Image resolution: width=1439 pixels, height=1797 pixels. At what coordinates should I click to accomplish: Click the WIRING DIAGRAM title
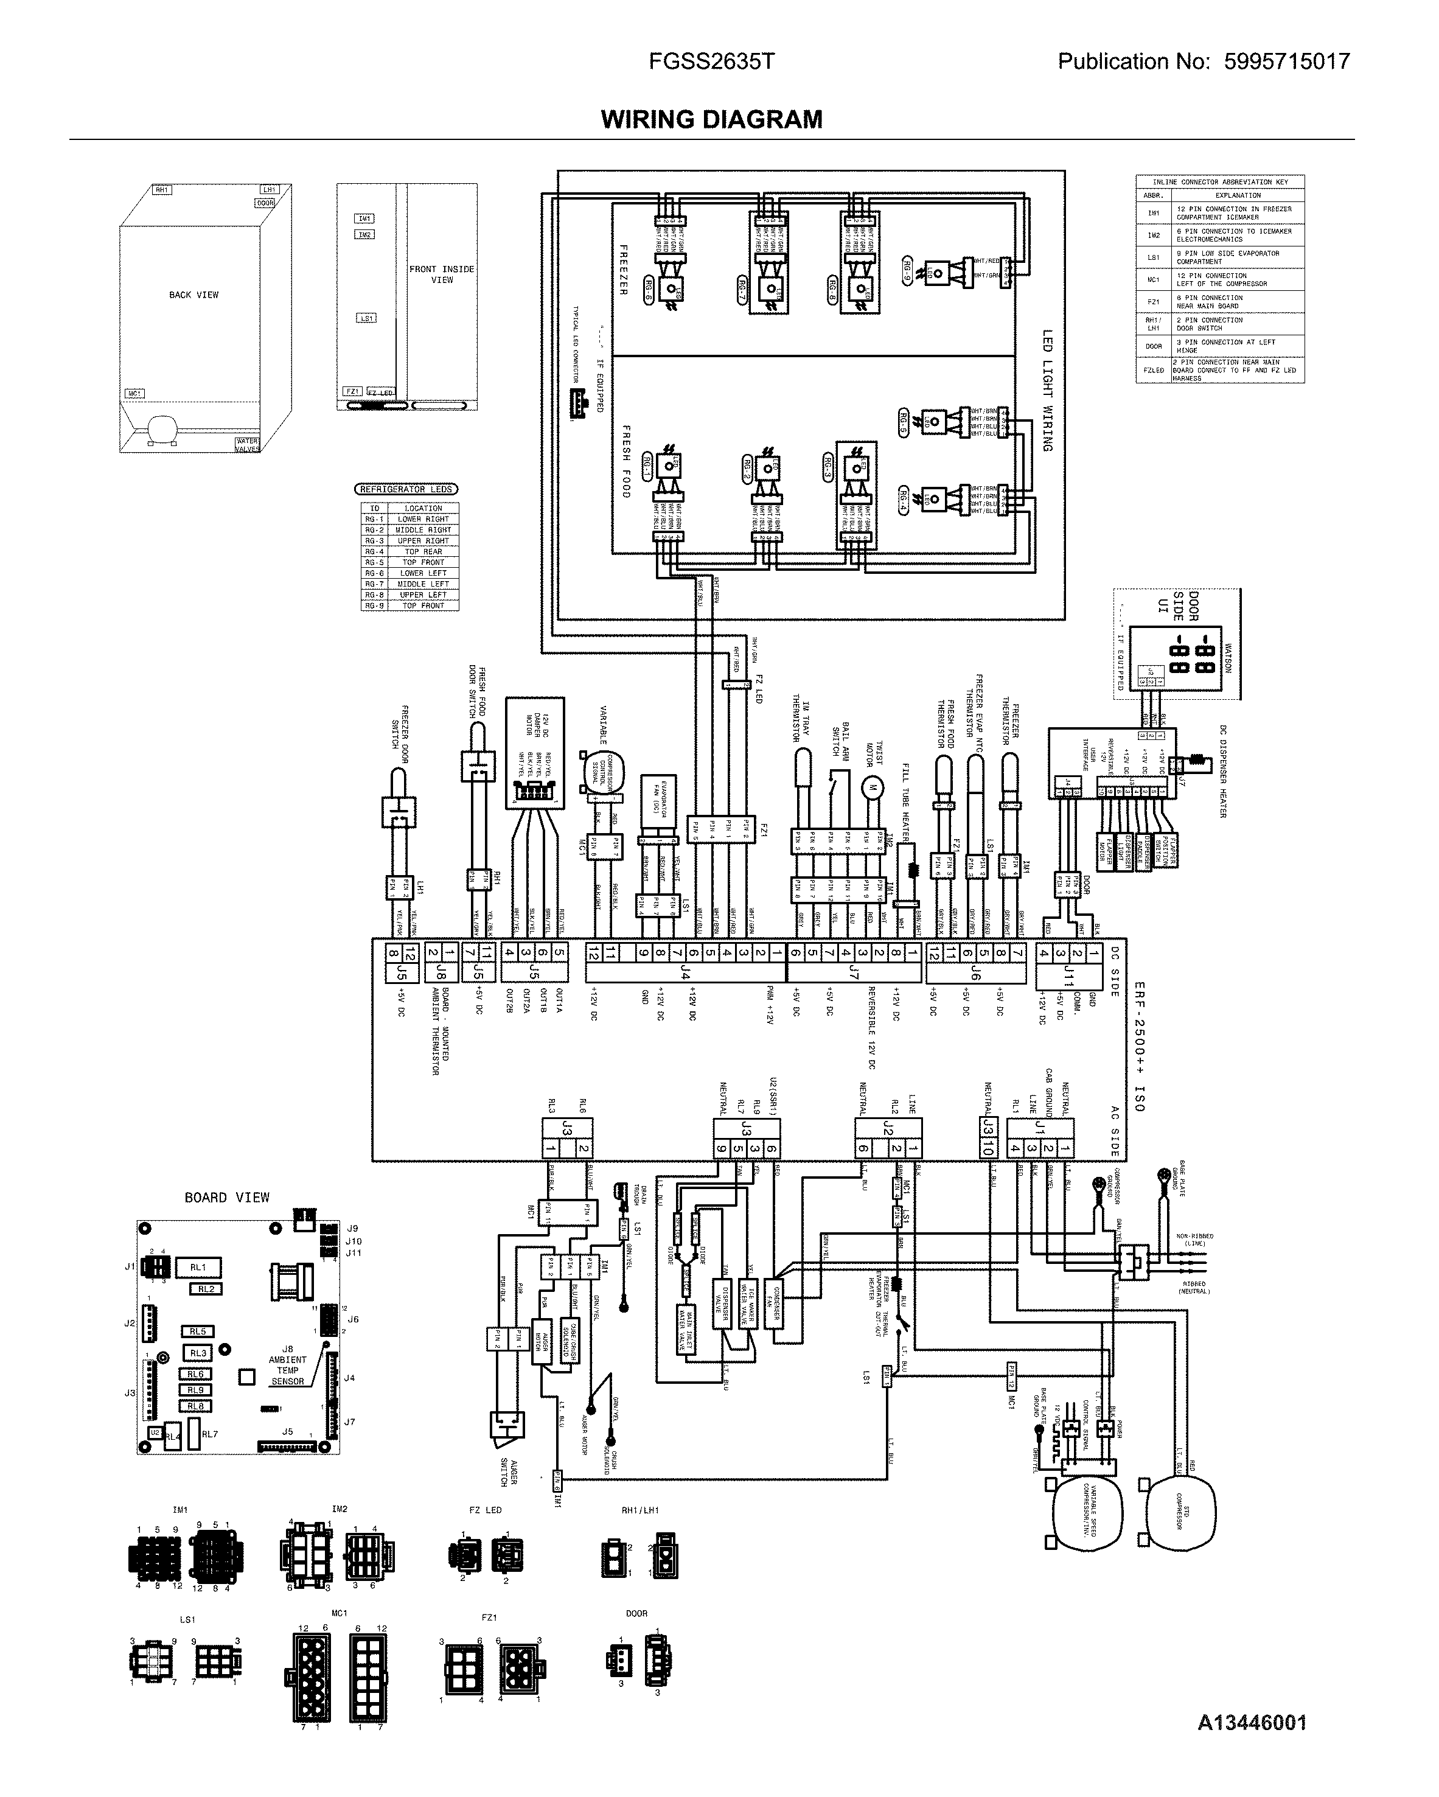pos(711,119)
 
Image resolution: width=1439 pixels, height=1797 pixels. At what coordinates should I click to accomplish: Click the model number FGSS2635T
pos(711,61)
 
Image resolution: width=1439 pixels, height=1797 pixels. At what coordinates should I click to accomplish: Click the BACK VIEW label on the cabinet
pos(193,295)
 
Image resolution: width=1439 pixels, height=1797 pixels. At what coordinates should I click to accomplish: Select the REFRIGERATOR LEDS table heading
pos(406,489)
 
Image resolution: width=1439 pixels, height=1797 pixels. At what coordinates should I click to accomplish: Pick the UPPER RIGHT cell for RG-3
pos(423,541)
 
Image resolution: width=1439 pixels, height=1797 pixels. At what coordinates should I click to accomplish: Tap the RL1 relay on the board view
pos(198,1268)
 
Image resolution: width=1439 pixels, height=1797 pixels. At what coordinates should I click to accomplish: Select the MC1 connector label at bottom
pos(339,1614)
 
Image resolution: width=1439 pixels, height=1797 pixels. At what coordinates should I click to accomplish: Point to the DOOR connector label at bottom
pos(636,1614)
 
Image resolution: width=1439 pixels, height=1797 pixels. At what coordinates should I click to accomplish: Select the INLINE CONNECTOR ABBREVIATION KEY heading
pos(1220,182)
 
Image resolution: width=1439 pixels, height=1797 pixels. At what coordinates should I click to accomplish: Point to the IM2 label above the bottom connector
pos(339,1509)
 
